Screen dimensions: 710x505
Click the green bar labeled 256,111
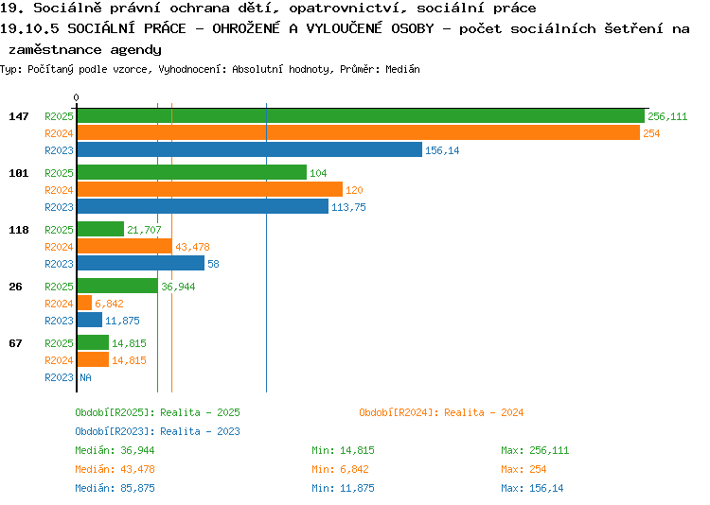pos(361,116)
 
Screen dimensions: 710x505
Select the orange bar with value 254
pos(359,133)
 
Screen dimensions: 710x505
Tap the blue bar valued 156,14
pos(250,150)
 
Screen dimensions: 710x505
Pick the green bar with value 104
pos(192,173)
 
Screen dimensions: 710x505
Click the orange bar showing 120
pos(210,190)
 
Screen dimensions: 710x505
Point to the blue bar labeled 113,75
pos(203,207)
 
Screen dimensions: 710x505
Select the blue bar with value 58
pos(141,264)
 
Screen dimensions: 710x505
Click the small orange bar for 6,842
pos(84,304)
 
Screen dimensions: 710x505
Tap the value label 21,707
pos(144,230)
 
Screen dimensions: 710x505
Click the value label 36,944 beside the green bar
pos(178,287)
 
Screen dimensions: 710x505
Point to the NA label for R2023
pos(85,377)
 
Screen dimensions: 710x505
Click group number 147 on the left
pos(19,116)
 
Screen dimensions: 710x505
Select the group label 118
pos(19,230)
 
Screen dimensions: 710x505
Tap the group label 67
pos(15,343)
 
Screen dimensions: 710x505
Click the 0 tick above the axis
pos(76,97)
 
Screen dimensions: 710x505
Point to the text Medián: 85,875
pos(115,488)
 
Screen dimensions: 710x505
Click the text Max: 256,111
pos(535,451)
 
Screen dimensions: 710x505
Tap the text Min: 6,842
pos(340,469)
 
